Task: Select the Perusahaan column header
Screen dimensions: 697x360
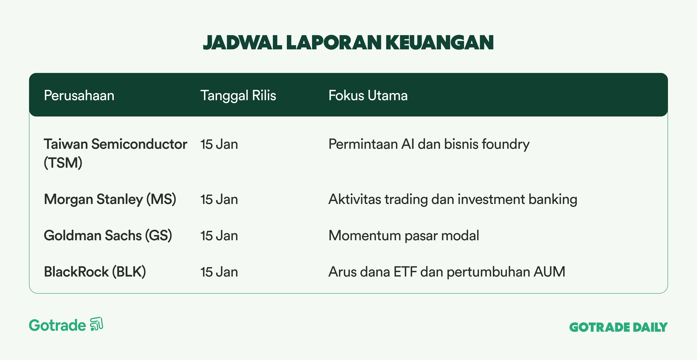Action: pyautogui.click(x=79, y=95)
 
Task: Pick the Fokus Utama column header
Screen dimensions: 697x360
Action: pyautogui.click(x=368, y=95)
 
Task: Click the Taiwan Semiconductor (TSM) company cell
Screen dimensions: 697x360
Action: pyautogui.click(x=116, y=153)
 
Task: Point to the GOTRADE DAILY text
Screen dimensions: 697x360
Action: pyautogui.click(x=619, y=327)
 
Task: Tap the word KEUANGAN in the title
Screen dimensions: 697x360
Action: pyautogui.click(x=440, y=43)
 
